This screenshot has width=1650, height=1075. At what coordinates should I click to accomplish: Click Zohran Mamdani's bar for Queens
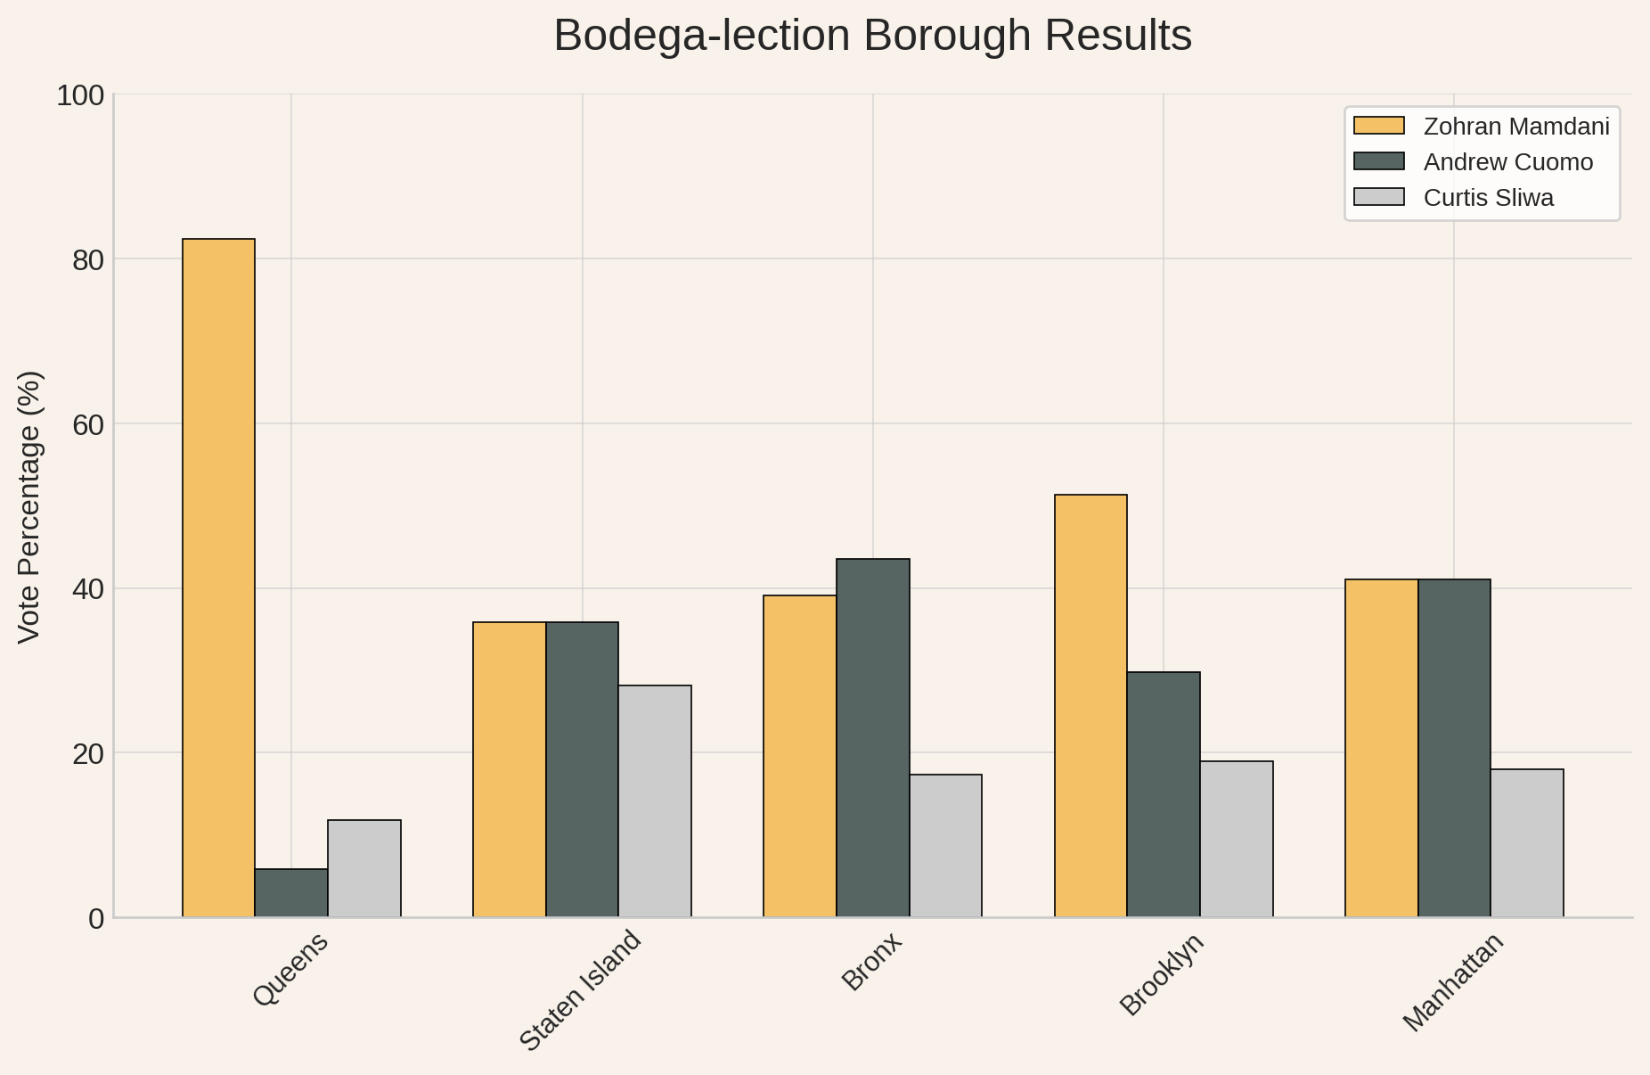click(x=218, y=578)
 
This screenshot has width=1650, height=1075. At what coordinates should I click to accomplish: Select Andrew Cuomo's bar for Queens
click(x=291, y=892)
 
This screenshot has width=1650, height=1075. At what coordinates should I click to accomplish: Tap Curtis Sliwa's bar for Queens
click(x=364, y=868)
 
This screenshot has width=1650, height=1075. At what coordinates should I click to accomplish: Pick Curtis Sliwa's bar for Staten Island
click(x=655, y=800)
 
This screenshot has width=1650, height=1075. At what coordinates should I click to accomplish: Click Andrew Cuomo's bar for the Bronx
click(x=873, y=737)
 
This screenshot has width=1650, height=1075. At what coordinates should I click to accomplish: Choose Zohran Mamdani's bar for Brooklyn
click(x=1090, y=705)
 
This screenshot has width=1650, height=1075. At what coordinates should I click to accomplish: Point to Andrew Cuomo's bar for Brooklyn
click(x=1164, y=794)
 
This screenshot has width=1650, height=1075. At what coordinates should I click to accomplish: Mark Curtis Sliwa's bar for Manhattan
click(x=1527, y=842)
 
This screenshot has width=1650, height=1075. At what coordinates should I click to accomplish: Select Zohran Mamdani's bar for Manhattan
click(x=1382, y=748)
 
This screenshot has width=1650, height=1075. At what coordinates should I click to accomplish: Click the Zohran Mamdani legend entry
click(x=1482, y=127)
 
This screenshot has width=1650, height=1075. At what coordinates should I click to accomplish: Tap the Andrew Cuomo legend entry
click(x=1474, y=162)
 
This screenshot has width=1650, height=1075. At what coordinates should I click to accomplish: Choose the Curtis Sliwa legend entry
click(x=1454, y=198)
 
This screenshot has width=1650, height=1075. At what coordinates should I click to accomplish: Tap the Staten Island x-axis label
click(x=580, y=990)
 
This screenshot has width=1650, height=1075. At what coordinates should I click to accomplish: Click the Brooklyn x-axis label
click(x=1162, y=974)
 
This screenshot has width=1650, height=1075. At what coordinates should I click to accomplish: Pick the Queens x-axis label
click(x=291, y=969)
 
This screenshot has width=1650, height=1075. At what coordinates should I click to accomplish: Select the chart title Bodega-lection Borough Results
click(x=873, y=37)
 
